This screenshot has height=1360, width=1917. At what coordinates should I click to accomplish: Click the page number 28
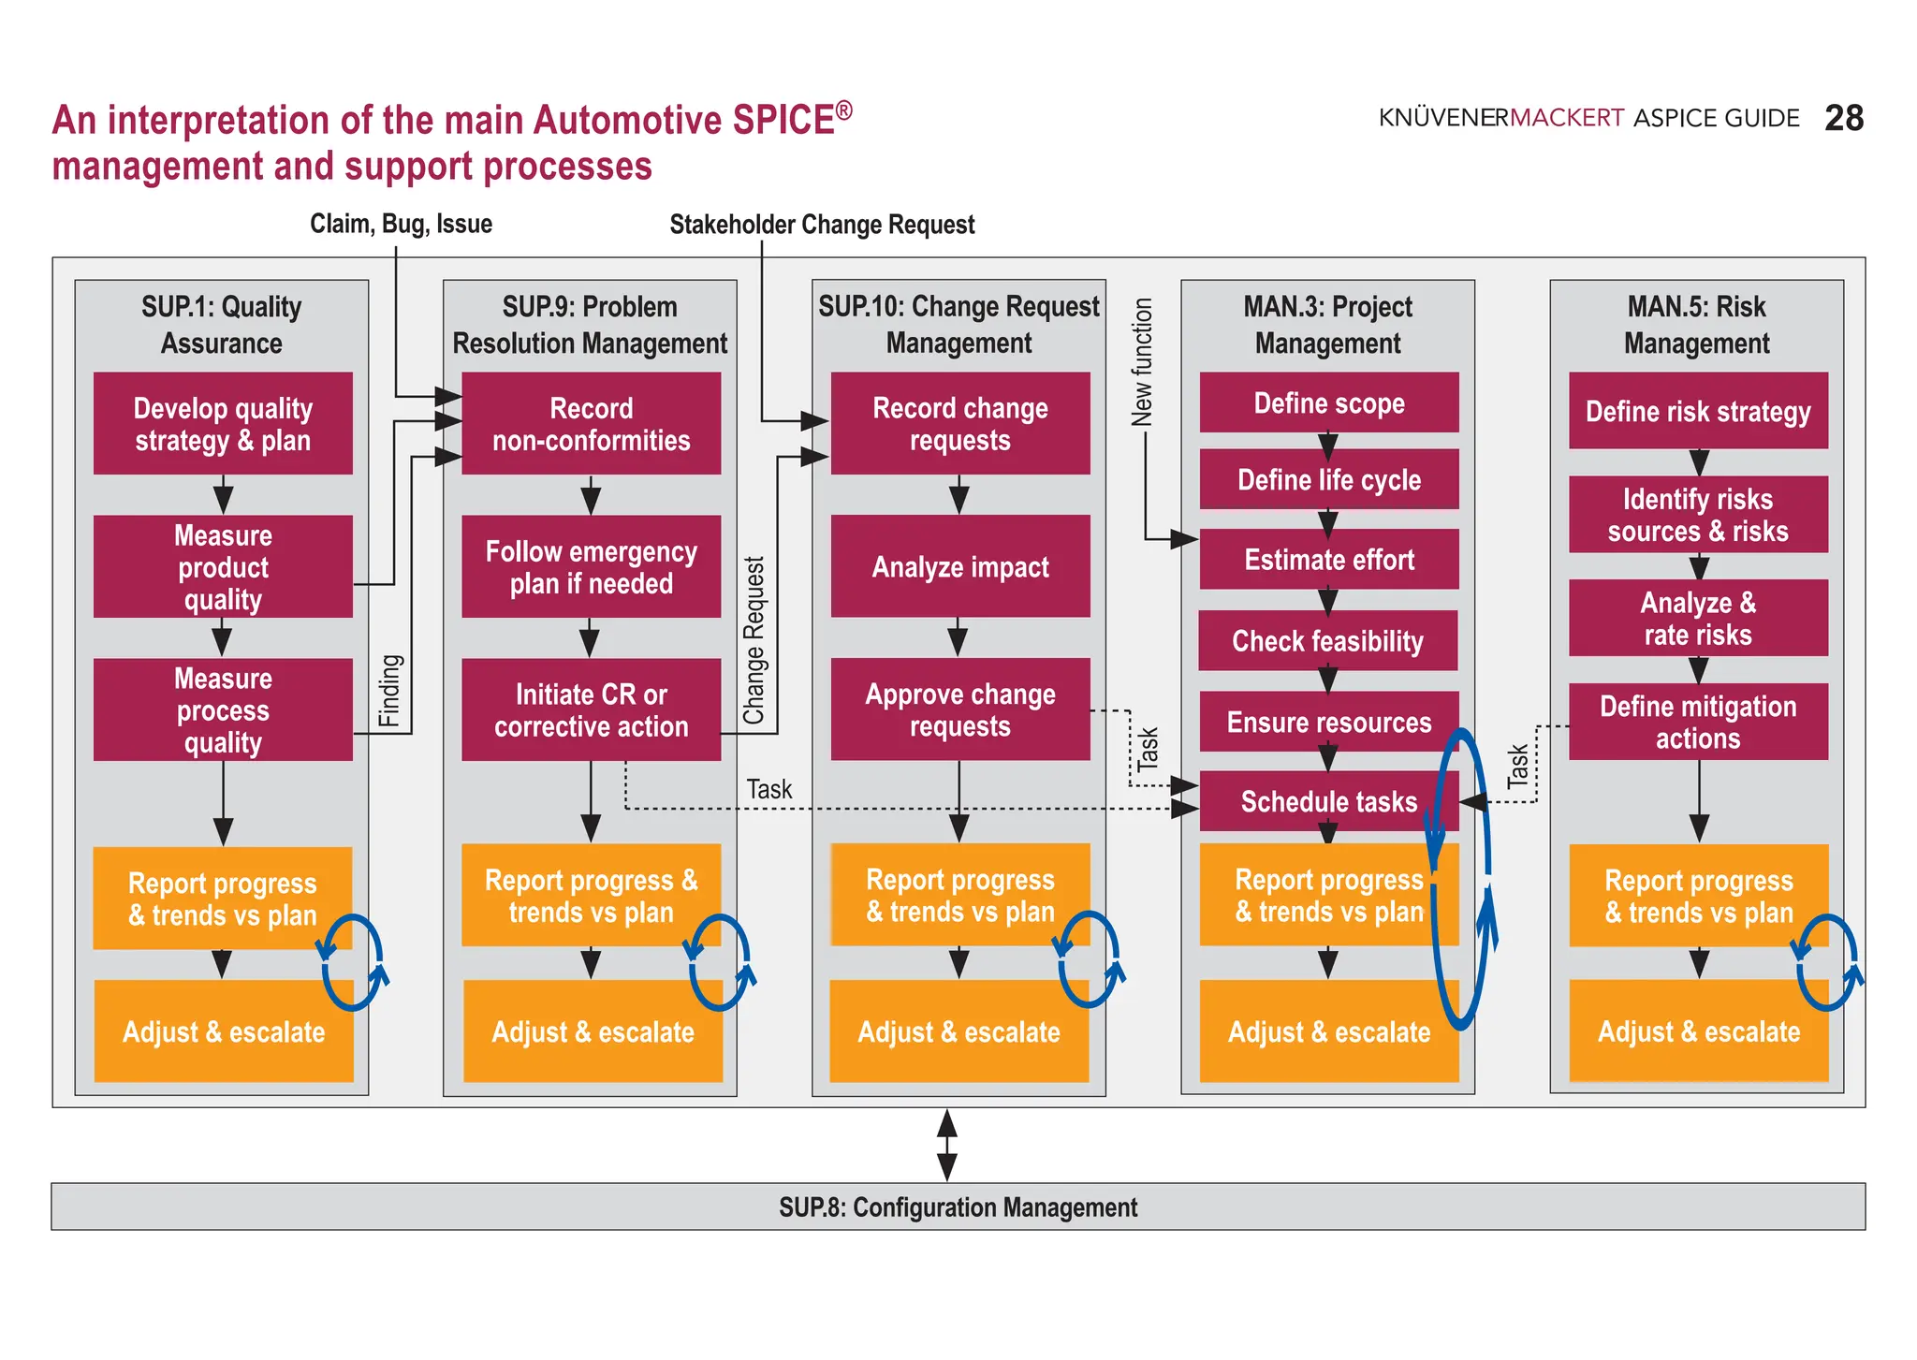[x=1843, y=118]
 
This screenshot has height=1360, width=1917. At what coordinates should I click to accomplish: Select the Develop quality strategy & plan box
[x=223, y=424]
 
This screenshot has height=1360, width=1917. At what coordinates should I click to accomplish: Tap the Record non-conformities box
[x=591, y=424]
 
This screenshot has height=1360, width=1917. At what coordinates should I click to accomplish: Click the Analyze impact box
[x=959, y=566]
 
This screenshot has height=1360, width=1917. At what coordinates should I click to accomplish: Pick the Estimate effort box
[x=1328, y=560]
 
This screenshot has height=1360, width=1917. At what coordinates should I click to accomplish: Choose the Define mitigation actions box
[x=1697, y=722]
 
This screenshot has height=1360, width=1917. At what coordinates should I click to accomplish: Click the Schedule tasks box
[x=1328, y=801]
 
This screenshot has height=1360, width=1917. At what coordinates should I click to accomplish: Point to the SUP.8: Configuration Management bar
[x=958, y=1206]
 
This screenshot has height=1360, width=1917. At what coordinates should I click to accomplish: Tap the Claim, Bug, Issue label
[x=401, y=224]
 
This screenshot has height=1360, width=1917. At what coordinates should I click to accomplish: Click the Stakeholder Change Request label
[x=822, y=225]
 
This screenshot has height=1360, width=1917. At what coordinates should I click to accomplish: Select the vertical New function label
[x=1142, y=362]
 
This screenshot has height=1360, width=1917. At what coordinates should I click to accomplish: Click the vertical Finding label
[x=389, y=691]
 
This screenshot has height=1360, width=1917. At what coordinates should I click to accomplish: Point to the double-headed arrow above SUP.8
[x=946, y=1145]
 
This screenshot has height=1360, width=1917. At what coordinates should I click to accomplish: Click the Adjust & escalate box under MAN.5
[x=1698, y=1031]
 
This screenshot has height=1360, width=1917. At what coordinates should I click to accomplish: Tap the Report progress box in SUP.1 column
[x=222, y=899]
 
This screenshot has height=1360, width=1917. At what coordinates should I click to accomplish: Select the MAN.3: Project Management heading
[x=1327, y=324]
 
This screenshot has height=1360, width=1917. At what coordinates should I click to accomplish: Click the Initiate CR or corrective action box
[x=591, y=709]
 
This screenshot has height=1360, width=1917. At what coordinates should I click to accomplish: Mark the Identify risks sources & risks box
[x=1697, y=515]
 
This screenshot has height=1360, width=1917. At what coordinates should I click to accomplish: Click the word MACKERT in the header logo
[x=1567, y=118]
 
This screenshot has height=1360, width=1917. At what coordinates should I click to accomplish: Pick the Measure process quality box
[x=223, y=709]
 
